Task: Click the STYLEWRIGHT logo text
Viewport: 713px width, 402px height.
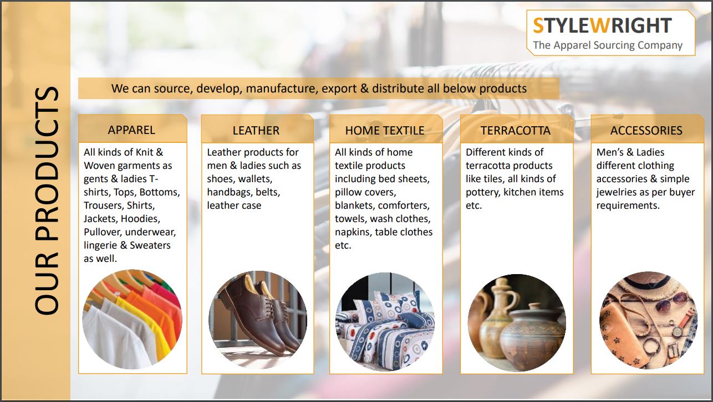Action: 602,25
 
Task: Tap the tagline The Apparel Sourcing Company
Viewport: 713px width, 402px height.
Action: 608,45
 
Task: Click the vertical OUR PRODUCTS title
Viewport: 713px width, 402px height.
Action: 47,201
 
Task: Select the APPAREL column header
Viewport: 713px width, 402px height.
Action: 131,130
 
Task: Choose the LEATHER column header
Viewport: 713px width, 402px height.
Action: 256,131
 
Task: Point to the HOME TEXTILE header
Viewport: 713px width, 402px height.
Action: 385,131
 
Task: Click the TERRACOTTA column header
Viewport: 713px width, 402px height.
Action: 515,131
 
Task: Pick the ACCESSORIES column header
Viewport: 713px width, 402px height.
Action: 646,131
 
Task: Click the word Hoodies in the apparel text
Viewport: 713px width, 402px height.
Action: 140,219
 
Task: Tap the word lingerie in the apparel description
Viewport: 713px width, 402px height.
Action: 100,245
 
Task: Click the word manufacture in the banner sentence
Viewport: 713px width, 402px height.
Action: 282,89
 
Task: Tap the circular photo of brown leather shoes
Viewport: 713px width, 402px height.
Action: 258,319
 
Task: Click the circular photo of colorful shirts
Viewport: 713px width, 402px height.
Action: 132,319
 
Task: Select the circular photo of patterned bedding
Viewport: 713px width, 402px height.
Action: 385,322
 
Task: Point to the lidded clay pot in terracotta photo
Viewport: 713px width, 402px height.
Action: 530,337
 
